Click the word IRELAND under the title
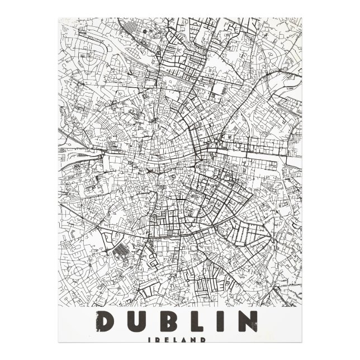179,339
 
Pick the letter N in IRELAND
196,339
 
